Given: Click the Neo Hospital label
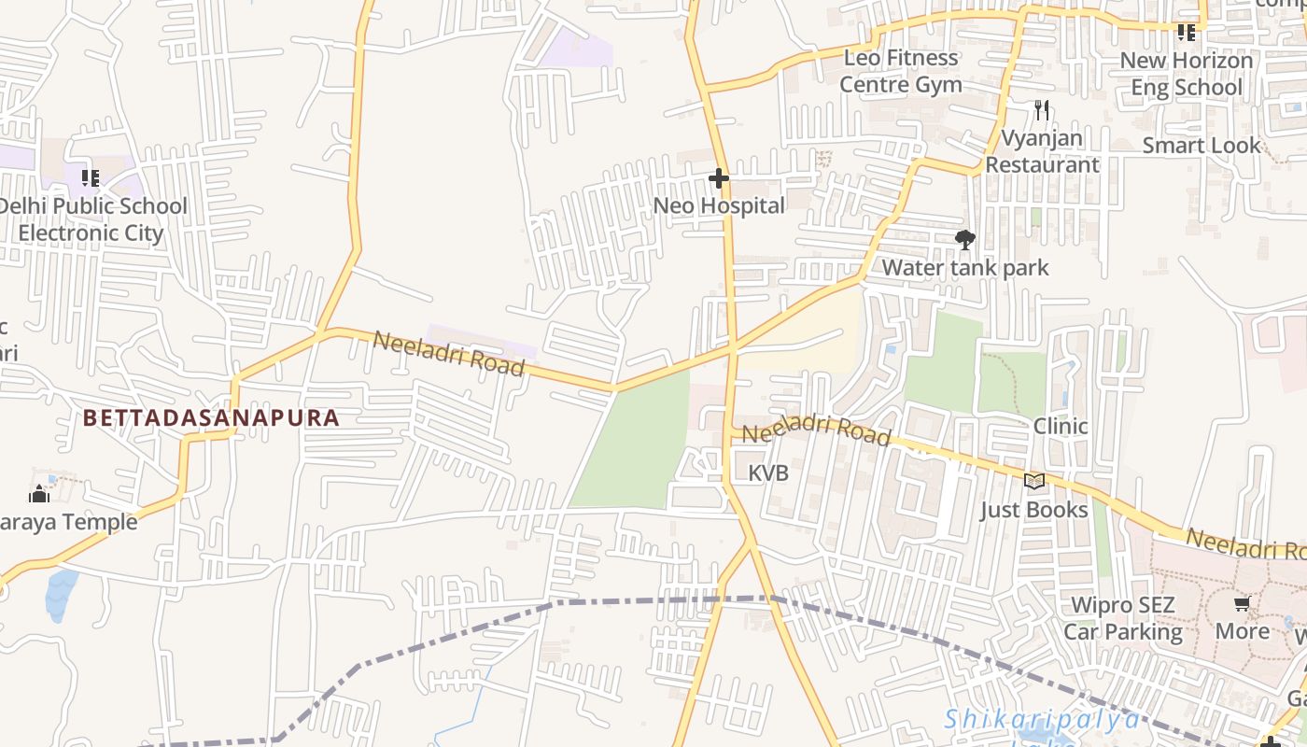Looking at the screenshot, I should (x=719, y=205).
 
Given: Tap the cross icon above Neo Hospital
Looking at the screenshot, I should (x=719, y=177).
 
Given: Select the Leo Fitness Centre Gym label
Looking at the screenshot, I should (x=901, y=71).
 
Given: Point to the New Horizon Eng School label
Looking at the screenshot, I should (x=1187, y=74).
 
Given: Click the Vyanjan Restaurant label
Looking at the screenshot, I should (x=1042, y=151).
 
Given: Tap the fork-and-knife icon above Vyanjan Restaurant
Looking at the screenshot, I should (x=1042, y=110).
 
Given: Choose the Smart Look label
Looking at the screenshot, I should (x=1202, y=146).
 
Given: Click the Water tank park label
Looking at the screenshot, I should (x=965, y=268).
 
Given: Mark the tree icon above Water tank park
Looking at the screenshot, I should (x=965, y=240).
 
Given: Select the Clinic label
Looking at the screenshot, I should (x=1061, y=427).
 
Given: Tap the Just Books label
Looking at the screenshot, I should (x=1033, y=510).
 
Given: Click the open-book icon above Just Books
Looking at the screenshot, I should (x=1033, y=482).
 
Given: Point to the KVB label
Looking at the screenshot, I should (x=768, y=473).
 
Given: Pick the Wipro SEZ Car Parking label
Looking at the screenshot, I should (x=1123, y=619).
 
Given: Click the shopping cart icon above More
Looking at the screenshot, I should (x=1242, y=604).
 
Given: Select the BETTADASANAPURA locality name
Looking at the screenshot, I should (x=211, y=417).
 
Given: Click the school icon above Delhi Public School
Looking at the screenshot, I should (x=91, y=177).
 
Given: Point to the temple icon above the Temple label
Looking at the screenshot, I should (x=39, y=494).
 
